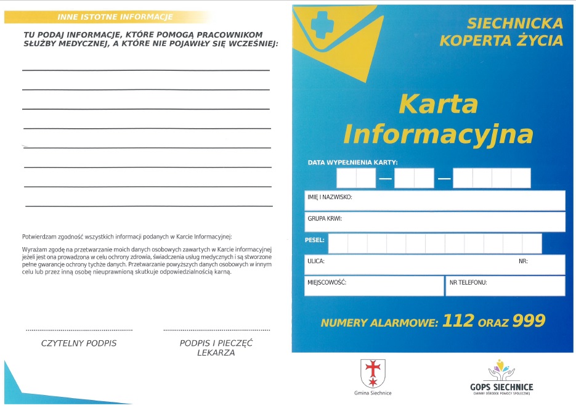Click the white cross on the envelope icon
321,25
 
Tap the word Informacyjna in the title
438,134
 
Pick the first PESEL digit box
338,243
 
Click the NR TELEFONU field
505,285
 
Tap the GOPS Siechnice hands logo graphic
501,370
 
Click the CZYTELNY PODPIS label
79,343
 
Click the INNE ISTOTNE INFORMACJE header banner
115,17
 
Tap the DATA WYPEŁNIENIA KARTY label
352,162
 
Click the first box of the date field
346,178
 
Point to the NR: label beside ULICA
523,261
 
